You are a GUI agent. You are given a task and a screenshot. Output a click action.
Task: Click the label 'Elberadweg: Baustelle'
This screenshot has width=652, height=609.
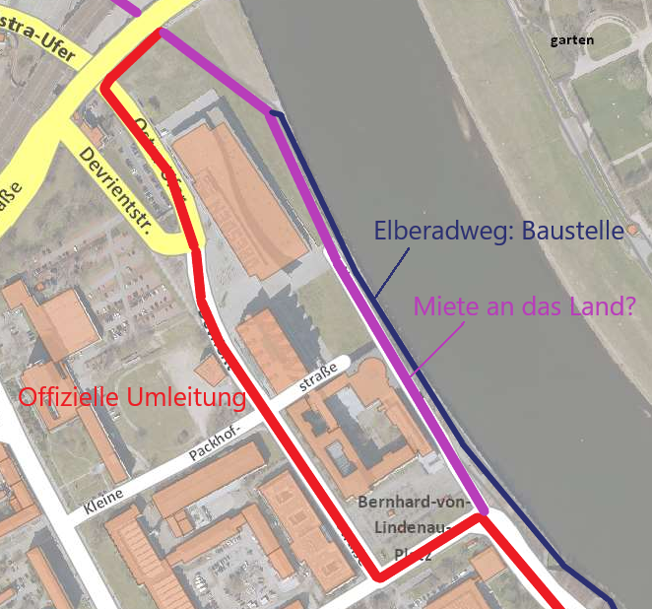(498, 232)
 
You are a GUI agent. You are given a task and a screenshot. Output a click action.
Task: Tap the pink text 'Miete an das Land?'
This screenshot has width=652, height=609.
(524, 305)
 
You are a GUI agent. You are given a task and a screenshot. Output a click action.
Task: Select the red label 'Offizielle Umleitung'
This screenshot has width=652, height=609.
(133, 398)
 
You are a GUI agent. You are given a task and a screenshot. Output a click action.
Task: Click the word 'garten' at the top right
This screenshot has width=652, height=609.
(572, 40)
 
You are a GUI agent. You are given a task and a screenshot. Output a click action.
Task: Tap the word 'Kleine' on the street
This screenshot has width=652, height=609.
(104, 504)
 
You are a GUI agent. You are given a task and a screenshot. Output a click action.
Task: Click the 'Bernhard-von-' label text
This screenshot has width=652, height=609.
(404, 502)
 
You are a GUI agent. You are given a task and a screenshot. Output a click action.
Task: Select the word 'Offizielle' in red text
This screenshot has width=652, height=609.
(70, 398)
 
